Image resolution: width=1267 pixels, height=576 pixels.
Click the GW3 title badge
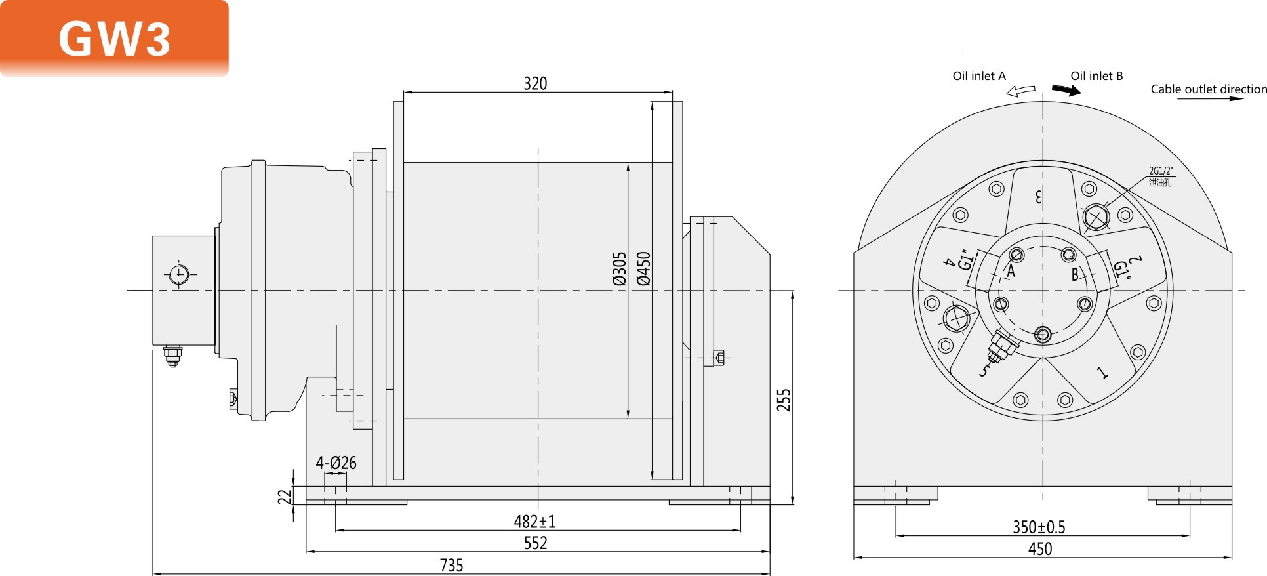coord(115,38)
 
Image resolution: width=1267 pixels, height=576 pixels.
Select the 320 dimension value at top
coord(535,83)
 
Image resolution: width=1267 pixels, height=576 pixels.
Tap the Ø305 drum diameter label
coord(620,268)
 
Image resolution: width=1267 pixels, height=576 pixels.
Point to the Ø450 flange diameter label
coord(644,268)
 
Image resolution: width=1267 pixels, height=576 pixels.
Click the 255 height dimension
coord(784,400)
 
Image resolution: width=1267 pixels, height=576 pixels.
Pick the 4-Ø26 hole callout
coord(336,463)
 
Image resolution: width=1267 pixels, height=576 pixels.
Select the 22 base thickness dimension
coord(285,497)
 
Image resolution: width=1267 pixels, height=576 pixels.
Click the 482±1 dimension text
coord(534,522)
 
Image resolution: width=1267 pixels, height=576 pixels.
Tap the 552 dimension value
coord(535,543)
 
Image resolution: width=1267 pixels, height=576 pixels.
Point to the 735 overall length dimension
coord(451,565)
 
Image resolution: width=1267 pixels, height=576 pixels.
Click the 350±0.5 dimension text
coord(1039,527)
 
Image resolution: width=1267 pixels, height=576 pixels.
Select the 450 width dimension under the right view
coord(1040,548)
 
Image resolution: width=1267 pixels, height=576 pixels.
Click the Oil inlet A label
coord(978,76)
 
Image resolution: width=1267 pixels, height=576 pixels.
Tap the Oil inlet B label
coord(1096,76)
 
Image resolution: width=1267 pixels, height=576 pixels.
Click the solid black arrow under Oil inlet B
coord(1066,90)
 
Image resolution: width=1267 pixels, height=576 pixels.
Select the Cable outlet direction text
coord(1208,89)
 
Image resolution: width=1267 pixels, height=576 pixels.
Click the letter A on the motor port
coord(1011,271)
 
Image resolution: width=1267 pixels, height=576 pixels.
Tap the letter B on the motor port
coord(1075,274)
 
